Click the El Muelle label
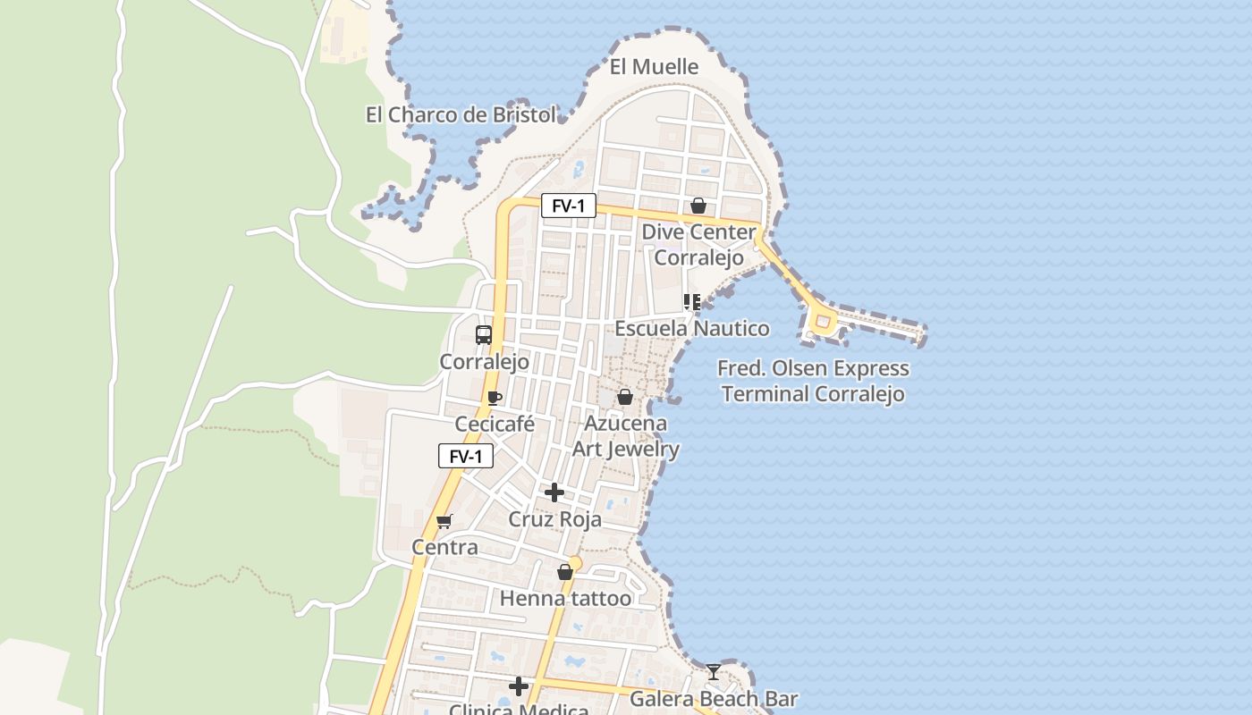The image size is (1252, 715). pyautogui.click(x=654, y=67)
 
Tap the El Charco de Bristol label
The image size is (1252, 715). pyautogui.click(x=461, y=115)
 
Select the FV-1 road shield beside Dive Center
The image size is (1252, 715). pyautogui.click(x=568, y=206)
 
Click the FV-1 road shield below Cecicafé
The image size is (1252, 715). pyautogui.click(x=465, y=457)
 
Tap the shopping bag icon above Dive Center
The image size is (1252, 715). pyautogui.click(x=698, y=206)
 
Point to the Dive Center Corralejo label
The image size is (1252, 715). pyautogui.click(x=698, y=245)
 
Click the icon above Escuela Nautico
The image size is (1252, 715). pyautogui.click(x=691, y=302)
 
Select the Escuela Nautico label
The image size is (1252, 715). pyautogui.click(x=691, y=329)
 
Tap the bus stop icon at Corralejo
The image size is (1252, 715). pyautogui.click(x=484, y=335)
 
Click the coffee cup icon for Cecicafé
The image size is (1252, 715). pyautogui.click(x=495, y=398)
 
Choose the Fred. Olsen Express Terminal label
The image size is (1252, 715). pyautogui.click(x=813, y=382)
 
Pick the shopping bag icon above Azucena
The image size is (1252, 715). pyautogui.click(x=625, y=397)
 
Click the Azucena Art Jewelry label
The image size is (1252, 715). pyautogui.click(x=626, y=436)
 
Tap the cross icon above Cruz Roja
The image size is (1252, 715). pyautogui.click(x=554, y=492)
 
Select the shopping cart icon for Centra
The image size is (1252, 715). pyautogui.click(x=444, y=521)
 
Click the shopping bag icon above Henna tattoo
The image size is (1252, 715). pyautogui.click(x=565, y=572)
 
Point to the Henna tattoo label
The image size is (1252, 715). pyautogui.click(x=565, y=599)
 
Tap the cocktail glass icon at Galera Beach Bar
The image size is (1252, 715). pyautogui.click(x=713, y=672)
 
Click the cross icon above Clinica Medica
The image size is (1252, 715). pyautogui.click(x=519, y=686)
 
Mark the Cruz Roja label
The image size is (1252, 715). pyautogui.click(x=554, y=519)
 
